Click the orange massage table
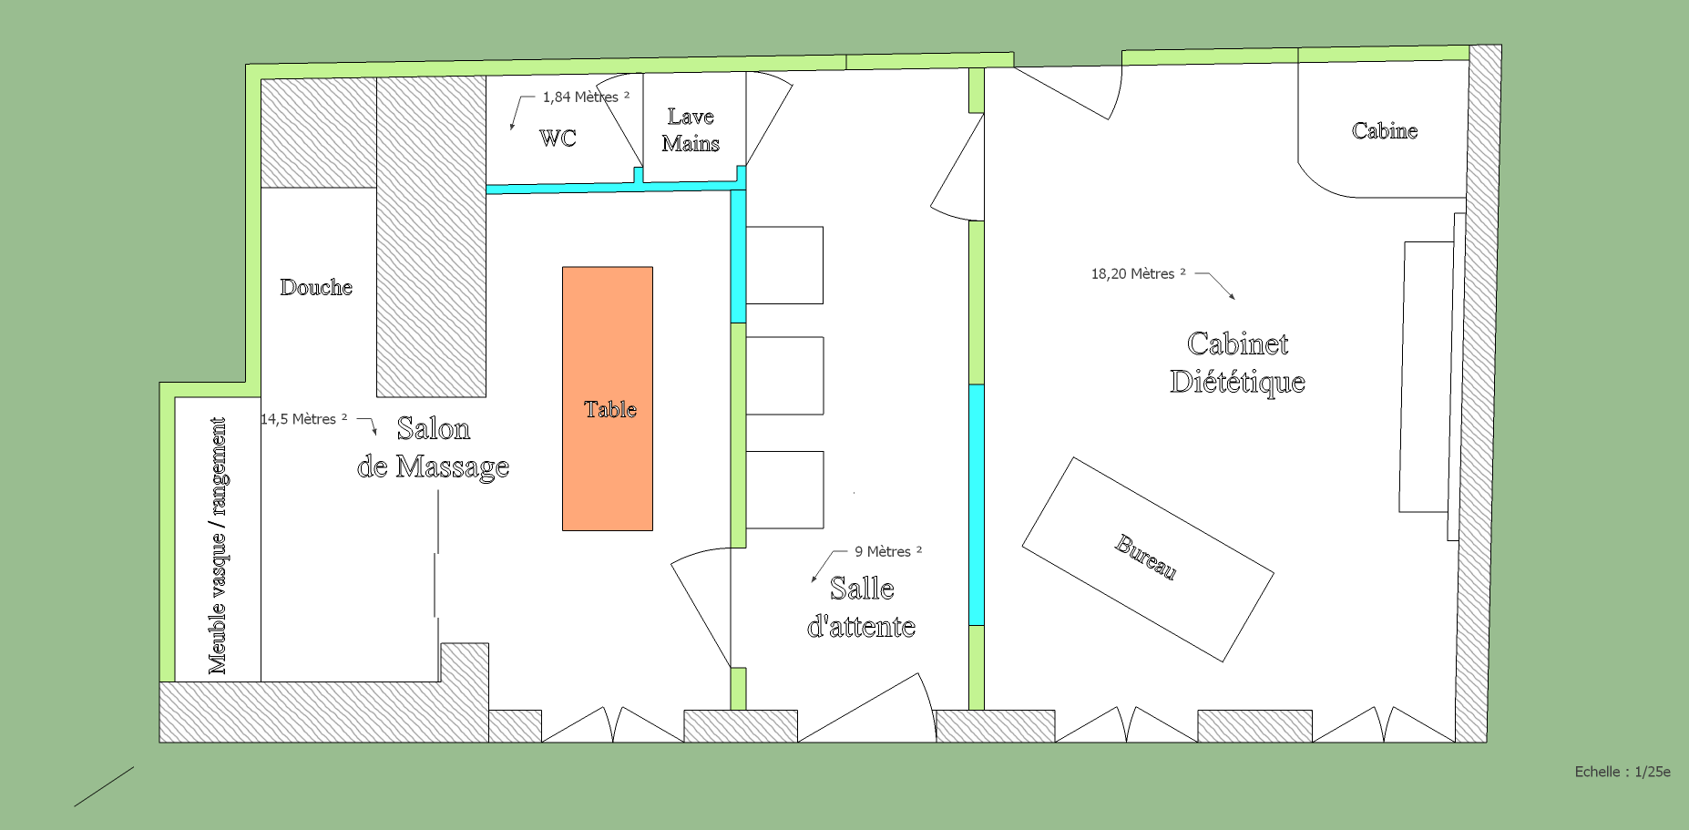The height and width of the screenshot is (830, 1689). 608,398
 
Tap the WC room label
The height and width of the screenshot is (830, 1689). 558,138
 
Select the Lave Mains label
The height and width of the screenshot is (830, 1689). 691,130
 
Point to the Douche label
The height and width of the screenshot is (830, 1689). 316,287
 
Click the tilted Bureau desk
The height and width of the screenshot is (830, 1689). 1148,559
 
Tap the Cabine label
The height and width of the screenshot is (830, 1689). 1385,130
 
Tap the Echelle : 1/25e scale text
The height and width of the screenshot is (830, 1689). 1622,772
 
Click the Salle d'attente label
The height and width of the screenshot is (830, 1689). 862,607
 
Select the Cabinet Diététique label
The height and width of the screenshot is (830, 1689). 1237,363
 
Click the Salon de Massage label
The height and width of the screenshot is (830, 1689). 433,447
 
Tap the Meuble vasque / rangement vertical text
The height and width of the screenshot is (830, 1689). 217,546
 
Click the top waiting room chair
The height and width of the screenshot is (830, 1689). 784,265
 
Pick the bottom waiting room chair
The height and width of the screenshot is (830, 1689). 784,490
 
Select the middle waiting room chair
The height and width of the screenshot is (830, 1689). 784,376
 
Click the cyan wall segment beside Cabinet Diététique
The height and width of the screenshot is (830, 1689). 976,505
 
